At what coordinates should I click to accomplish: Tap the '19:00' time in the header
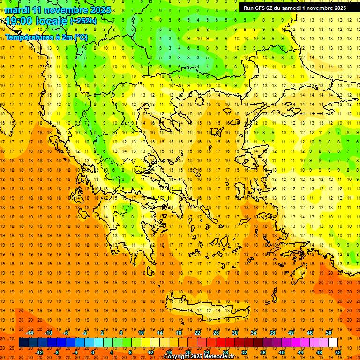(22, 22)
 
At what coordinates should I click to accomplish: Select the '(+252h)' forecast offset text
(83, 21)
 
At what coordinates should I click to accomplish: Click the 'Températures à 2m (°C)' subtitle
(46, 37)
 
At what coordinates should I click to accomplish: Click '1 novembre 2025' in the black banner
(324, 8)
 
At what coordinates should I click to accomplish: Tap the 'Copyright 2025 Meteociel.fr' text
(199, 357)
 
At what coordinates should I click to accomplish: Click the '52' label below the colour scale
(338, 352)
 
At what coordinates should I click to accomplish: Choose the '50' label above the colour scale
(328, 333)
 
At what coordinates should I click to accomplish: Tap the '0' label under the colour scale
(93, 352)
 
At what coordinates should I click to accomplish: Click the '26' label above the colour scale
(216, 333)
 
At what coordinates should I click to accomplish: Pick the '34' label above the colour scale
(254, 333)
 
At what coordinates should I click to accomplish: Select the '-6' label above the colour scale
(66, 333)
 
